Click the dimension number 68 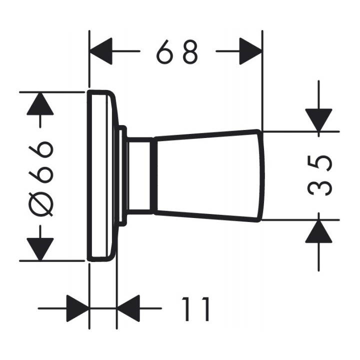pos(177,52)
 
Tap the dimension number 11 pos(196,309)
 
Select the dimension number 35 pos(319,175)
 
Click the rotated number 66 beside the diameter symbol pos(40,162)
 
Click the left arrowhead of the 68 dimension pos(101,51)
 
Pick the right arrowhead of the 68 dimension pos(250,51)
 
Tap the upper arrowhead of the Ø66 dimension pos(40,103)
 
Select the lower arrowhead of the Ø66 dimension pos(40,249)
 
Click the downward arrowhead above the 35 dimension pos(318,120)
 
